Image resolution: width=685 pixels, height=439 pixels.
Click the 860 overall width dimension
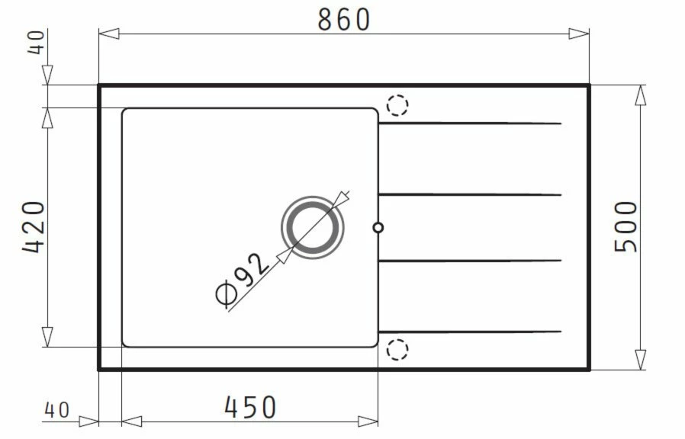(344, 20)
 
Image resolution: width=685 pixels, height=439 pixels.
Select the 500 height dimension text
(626, 226)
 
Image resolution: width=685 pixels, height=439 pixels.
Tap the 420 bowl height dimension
(34, 227)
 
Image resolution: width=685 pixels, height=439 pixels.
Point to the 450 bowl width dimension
(250, 407)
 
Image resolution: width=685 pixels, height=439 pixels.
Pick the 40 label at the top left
(36, 43)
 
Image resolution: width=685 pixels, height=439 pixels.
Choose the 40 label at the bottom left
(56, 410)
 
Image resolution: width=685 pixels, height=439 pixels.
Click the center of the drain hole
(312, 227)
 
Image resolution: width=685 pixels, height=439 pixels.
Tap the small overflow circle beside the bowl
(378, 227)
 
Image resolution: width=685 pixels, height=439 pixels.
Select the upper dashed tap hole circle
(397, 105)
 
